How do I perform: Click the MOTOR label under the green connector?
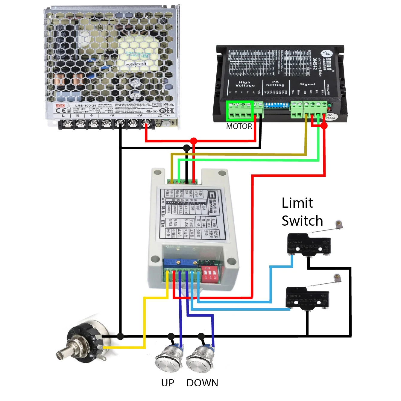point(239,126)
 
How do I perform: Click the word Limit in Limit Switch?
point(297,203)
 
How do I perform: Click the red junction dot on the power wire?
point(194,141)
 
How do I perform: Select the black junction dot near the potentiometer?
point(120,336)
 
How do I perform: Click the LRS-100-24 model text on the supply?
point(86,106)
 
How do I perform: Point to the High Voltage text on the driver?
point(245,84)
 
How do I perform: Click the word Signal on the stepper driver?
point(307,84)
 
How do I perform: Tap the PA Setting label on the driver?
point(275,83)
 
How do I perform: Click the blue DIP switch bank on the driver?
point(276,105)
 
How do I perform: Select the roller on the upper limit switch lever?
point(338,223)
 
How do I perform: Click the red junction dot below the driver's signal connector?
point(324,126)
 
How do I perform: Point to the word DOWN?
point(202,383)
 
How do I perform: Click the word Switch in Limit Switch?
point(302,221)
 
